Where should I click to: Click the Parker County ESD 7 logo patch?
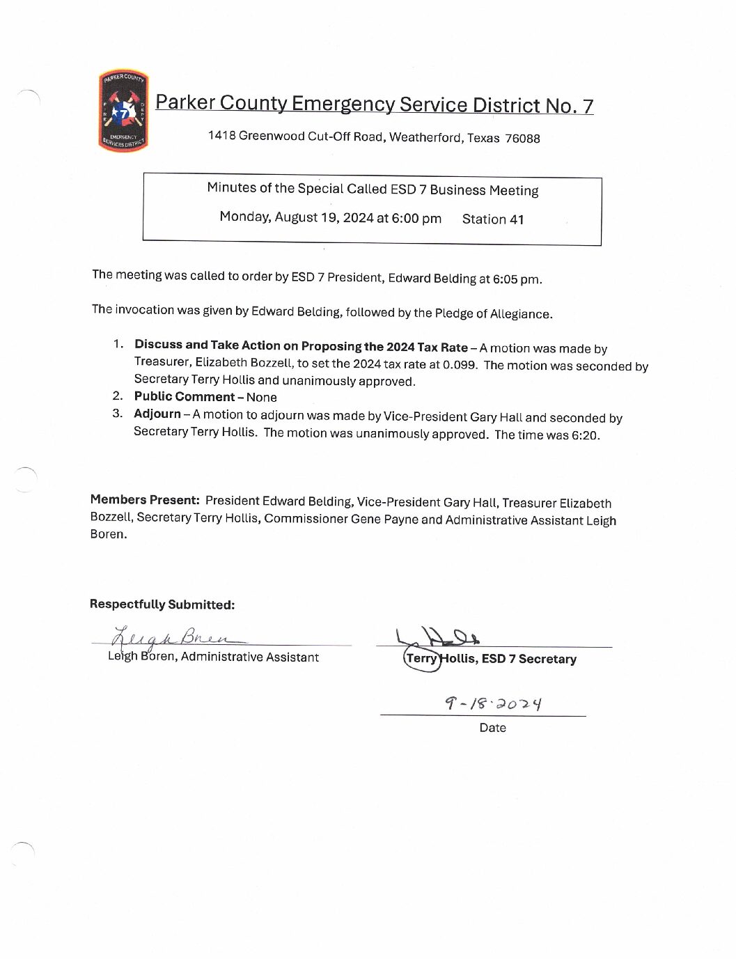coord(123,110)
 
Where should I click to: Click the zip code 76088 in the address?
coord(522,139)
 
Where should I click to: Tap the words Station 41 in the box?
coord(492,219)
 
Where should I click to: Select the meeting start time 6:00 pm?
coord(416,219)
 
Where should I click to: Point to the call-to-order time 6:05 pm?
coord(516,279)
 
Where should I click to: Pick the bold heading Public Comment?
coord(184,396)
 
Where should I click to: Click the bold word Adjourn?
coord(157,414)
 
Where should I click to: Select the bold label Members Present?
coord(145,499)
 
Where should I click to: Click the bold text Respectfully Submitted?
coord(162,605)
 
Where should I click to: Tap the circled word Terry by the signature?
coord(421,658)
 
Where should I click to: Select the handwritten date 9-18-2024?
coord(493,703)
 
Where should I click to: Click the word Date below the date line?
coord(492,728)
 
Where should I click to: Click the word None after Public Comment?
coord(262,398)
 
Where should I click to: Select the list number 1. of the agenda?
coord(118,344)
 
